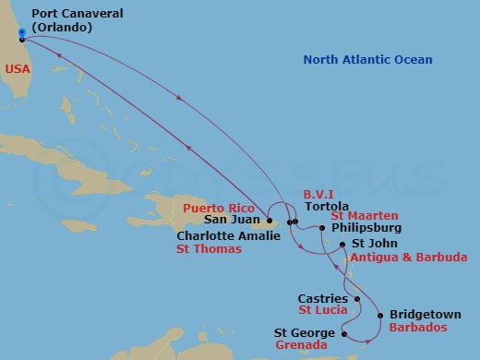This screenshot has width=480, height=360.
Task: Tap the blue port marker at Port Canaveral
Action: tap(21, 32)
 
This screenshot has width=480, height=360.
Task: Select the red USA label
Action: tap(15, 69)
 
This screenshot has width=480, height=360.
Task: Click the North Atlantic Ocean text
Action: tap(368, 60)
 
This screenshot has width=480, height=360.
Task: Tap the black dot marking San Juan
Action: tap(270, 222)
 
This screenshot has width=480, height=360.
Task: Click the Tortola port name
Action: tap(326, 208)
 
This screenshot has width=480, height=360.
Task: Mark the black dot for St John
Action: tap(342, 245)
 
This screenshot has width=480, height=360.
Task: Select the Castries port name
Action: tap(323, 298)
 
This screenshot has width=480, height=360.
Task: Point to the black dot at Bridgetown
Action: tap(380, 315)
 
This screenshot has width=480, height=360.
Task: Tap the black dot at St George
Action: tap(343, 332)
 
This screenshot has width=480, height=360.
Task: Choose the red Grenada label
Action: tap(301, 345)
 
